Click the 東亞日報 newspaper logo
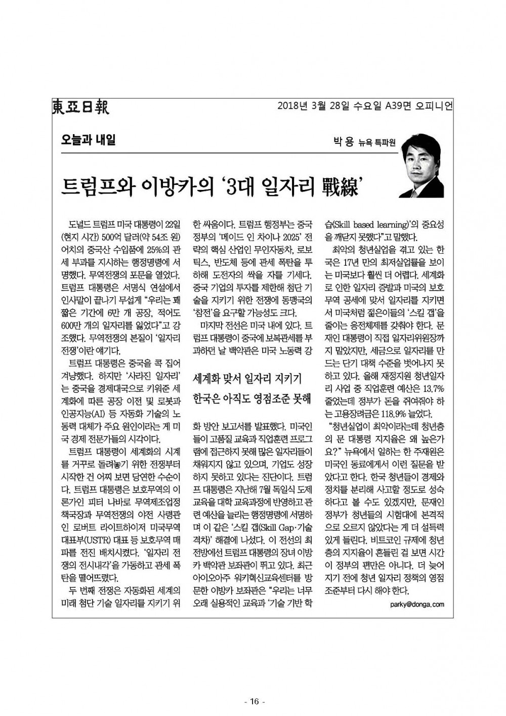coord(81,107)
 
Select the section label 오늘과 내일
coord(88,139)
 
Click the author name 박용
coord(343,142)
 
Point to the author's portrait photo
coord(421,169)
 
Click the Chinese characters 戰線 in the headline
coord(340,186)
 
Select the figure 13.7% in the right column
coord(433,388)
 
